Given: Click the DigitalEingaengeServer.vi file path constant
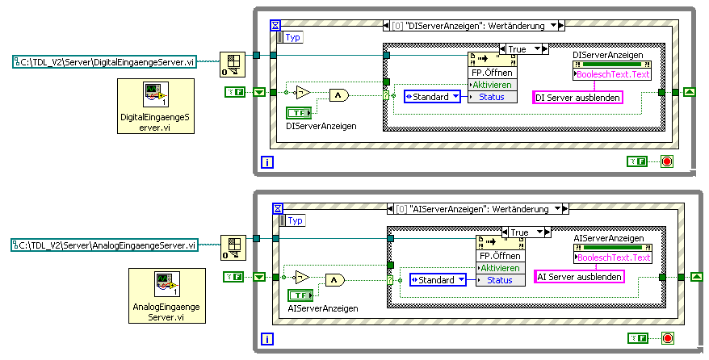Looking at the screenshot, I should click(x=105, y=62).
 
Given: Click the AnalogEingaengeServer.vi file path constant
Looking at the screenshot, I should click(x=105, y=245).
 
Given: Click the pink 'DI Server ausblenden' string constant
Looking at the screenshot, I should click(x=579, y=98).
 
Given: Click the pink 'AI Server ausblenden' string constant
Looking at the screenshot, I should click(x=580, y=277).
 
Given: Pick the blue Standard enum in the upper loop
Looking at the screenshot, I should click(x=432, y=97).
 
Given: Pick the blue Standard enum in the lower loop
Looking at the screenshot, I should click(x=438, y=280).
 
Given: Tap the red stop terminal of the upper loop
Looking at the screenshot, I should click(x=667, y=161).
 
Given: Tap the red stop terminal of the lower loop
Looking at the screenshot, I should click(x=667, y=338).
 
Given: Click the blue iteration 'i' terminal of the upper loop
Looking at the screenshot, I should click(x=267, y=162).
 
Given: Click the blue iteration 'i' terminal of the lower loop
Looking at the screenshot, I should click(x=267, y=339).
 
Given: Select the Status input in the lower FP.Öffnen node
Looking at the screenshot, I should click(x=498, y=280).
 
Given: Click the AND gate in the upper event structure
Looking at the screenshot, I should click(x=338, y=96).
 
